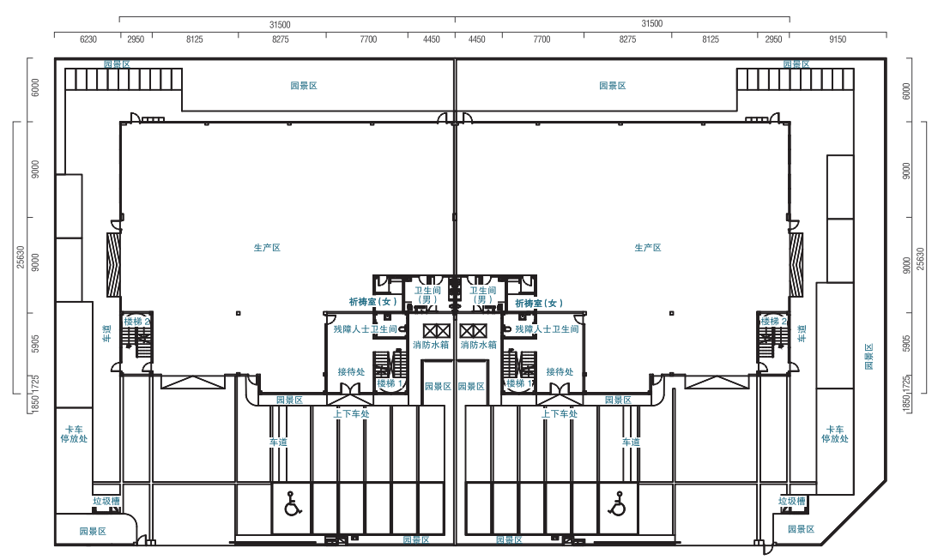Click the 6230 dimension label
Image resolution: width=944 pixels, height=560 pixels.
88,39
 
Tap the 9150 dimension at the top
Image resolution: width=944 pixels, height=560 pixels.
838,39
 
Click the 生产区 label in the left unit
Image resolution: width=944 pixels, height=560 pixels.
267,247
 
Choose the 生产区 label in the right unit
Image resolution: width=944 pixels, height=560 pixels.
648,247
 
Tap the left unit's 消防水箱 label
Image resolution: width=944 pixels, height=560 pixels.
431,346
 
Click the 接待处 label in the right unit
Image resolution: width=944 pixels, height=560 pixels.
560,371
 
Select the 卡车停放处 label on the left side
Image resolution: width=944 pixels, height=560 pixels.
74,434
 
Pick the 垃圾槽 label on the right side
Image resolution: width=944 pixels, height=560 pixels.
792,501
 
